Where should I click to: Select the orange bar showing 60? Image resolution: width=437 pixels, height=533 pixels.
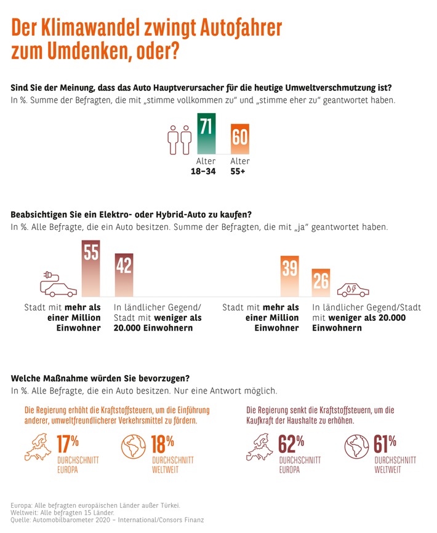[239, 139]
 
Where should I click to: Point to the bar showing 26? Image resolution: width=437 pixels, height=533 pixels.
[321, 283]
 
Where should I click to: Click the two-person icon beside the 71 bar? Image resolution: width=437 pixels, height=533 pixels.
[179, 140]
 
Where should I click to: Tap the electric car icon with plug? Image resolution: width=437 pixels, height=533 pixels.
[58, 283]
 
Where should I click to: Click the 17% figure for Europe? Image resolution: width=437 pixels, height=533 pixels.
[68, 443]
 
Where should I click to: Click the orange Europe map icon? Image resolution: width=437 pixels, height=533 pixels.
[38, 448]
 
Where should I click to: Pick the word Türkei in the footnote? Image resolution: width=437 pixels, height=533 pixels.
[167, 505]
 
